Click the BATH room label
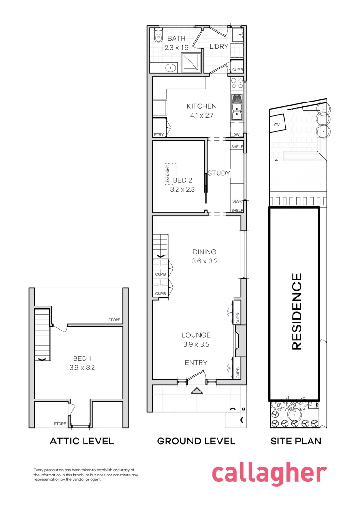tap(176, 38)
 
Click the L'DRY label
tap(219, 46)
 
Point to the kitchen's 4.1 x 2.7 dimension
tap(201, 115)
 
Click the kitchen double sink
tap(236, 108)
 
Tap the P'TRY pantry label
tap(159, 135)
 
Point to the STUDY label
tap(219, 173)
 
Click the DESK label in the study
tap(237, 201)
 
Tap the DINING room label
tap(204, 252)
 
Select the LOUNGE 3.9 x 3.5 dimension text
tap(196, 344)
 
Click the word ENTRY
tap(196, 362)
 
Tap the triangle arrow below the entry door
tap(196, 391)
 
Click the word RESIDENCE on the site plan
tap(297, 312)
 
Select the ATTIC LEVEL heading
tap(82, 442)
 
